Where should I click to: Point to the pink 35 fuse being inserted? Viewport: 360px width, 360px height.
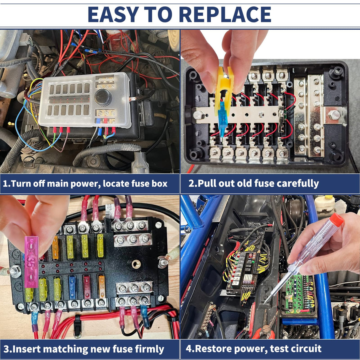pos(31,262)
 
